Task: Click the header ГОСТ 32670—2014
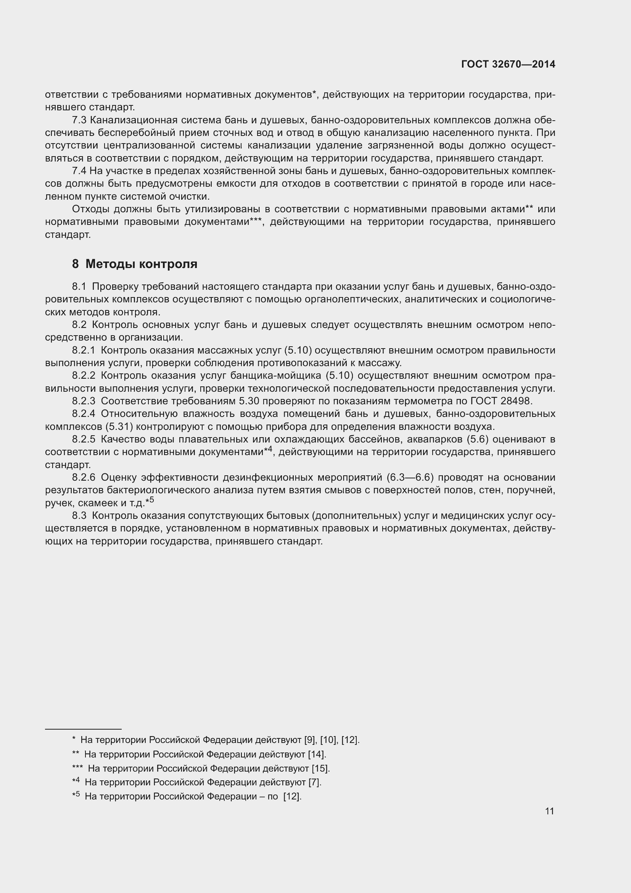click(508, 65)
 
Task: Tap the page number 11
click(549, 811)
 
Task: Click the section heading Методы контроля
click(141, 264)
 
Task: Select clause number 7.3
click(79, 120)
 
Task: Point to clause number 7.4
click(79, 171)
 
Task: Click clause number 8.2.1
click(83, 350)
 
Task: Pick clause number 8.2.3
click(83, 401)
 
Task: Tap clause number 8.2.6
click(83, 477)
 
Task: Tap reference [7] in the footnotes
click(314, 782)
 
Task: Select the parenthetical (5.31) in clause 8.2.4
click(119, 427)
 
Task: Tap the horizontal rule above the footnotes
click(83, 728)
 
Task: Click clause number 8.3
click(79, 516)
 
